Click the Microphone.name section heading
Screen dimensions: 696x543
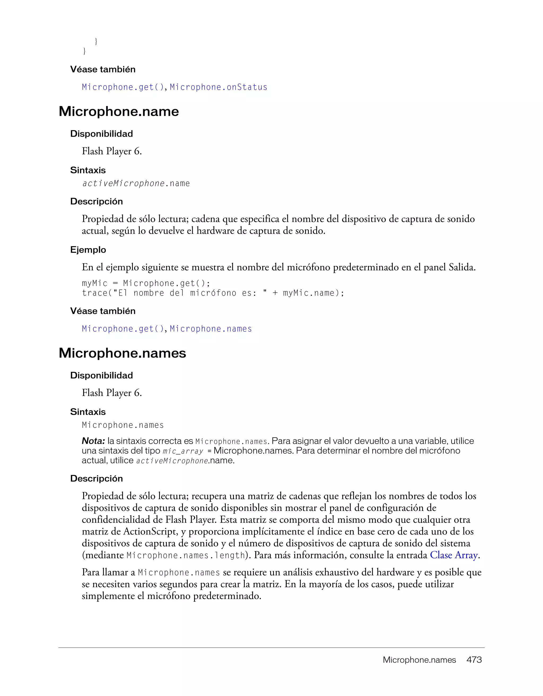(119, 111)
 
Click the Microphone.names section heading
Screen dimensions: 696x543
(122, 353)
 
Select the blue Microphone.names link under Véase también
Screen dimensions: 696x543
(211, 329)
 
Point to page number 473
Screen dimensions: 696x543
(474, 660)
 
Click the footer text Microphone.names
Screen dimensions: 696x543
(419, 660)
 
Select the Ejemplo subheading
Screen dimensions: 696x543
(88, 249)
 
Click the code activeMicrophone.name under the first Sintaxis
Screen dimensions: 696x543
(136, 184)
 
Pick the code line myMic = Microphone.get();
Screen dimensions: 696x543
(146, 283)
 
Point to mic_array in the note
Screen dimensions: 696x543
(183, 451)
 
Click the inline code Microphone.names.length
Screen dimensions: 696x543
(185, 555)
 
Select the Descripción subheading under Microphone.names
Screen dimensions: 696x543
(96, 478)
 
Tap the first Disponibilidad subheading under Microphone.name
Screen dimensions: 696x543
(102, 133)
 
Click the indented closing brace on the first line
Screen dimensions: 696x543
(96, 41)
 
